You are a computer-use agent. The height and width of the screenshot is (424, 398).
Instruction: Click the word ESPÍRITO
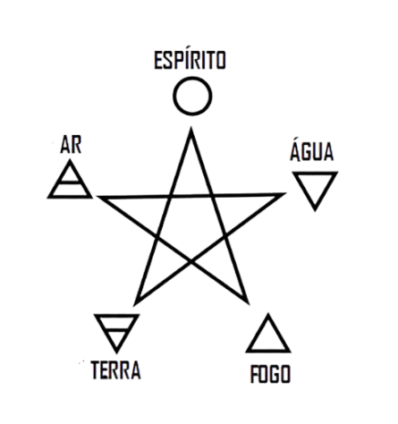point(190,60)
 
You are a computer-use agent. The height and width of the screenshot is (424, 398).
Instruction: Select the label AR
point(71,145)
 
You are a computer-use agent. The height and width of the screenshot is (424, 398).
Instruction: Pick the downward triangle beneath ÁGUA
point(315,174)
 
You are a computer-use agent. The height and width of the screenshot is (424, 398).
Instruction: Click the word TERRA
point(115,370)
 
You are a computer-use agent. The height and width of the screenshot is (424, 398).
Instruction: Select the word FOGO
point(270,374)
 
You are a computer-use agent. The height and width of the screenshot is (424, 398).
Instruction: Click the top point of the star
point(191,127)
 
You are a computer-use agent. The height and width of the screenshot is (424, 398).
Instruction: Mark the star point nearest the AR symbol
point(97,197)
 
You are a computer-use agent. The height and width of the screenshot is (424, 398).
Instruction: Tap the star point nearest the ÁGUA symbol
point(285,194)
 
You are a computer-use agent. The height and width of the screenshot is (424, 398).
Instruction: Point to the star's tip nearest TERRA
point(134,305)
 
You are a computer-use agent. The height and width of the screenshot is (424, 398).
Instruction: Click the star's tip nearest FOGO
point(249,303)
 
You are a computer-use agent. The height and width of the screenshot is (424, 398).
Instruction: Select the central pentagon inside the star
point(191,226)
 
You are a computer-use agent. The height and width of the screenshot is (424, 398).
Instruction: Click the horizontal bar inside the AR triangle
point(70,182)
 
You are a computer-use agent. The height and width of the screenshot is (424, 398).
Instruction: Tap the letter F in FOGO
point(255,374)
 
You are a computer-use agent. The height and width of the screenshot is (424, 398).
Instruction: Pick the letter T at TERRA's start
point(96,370)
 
